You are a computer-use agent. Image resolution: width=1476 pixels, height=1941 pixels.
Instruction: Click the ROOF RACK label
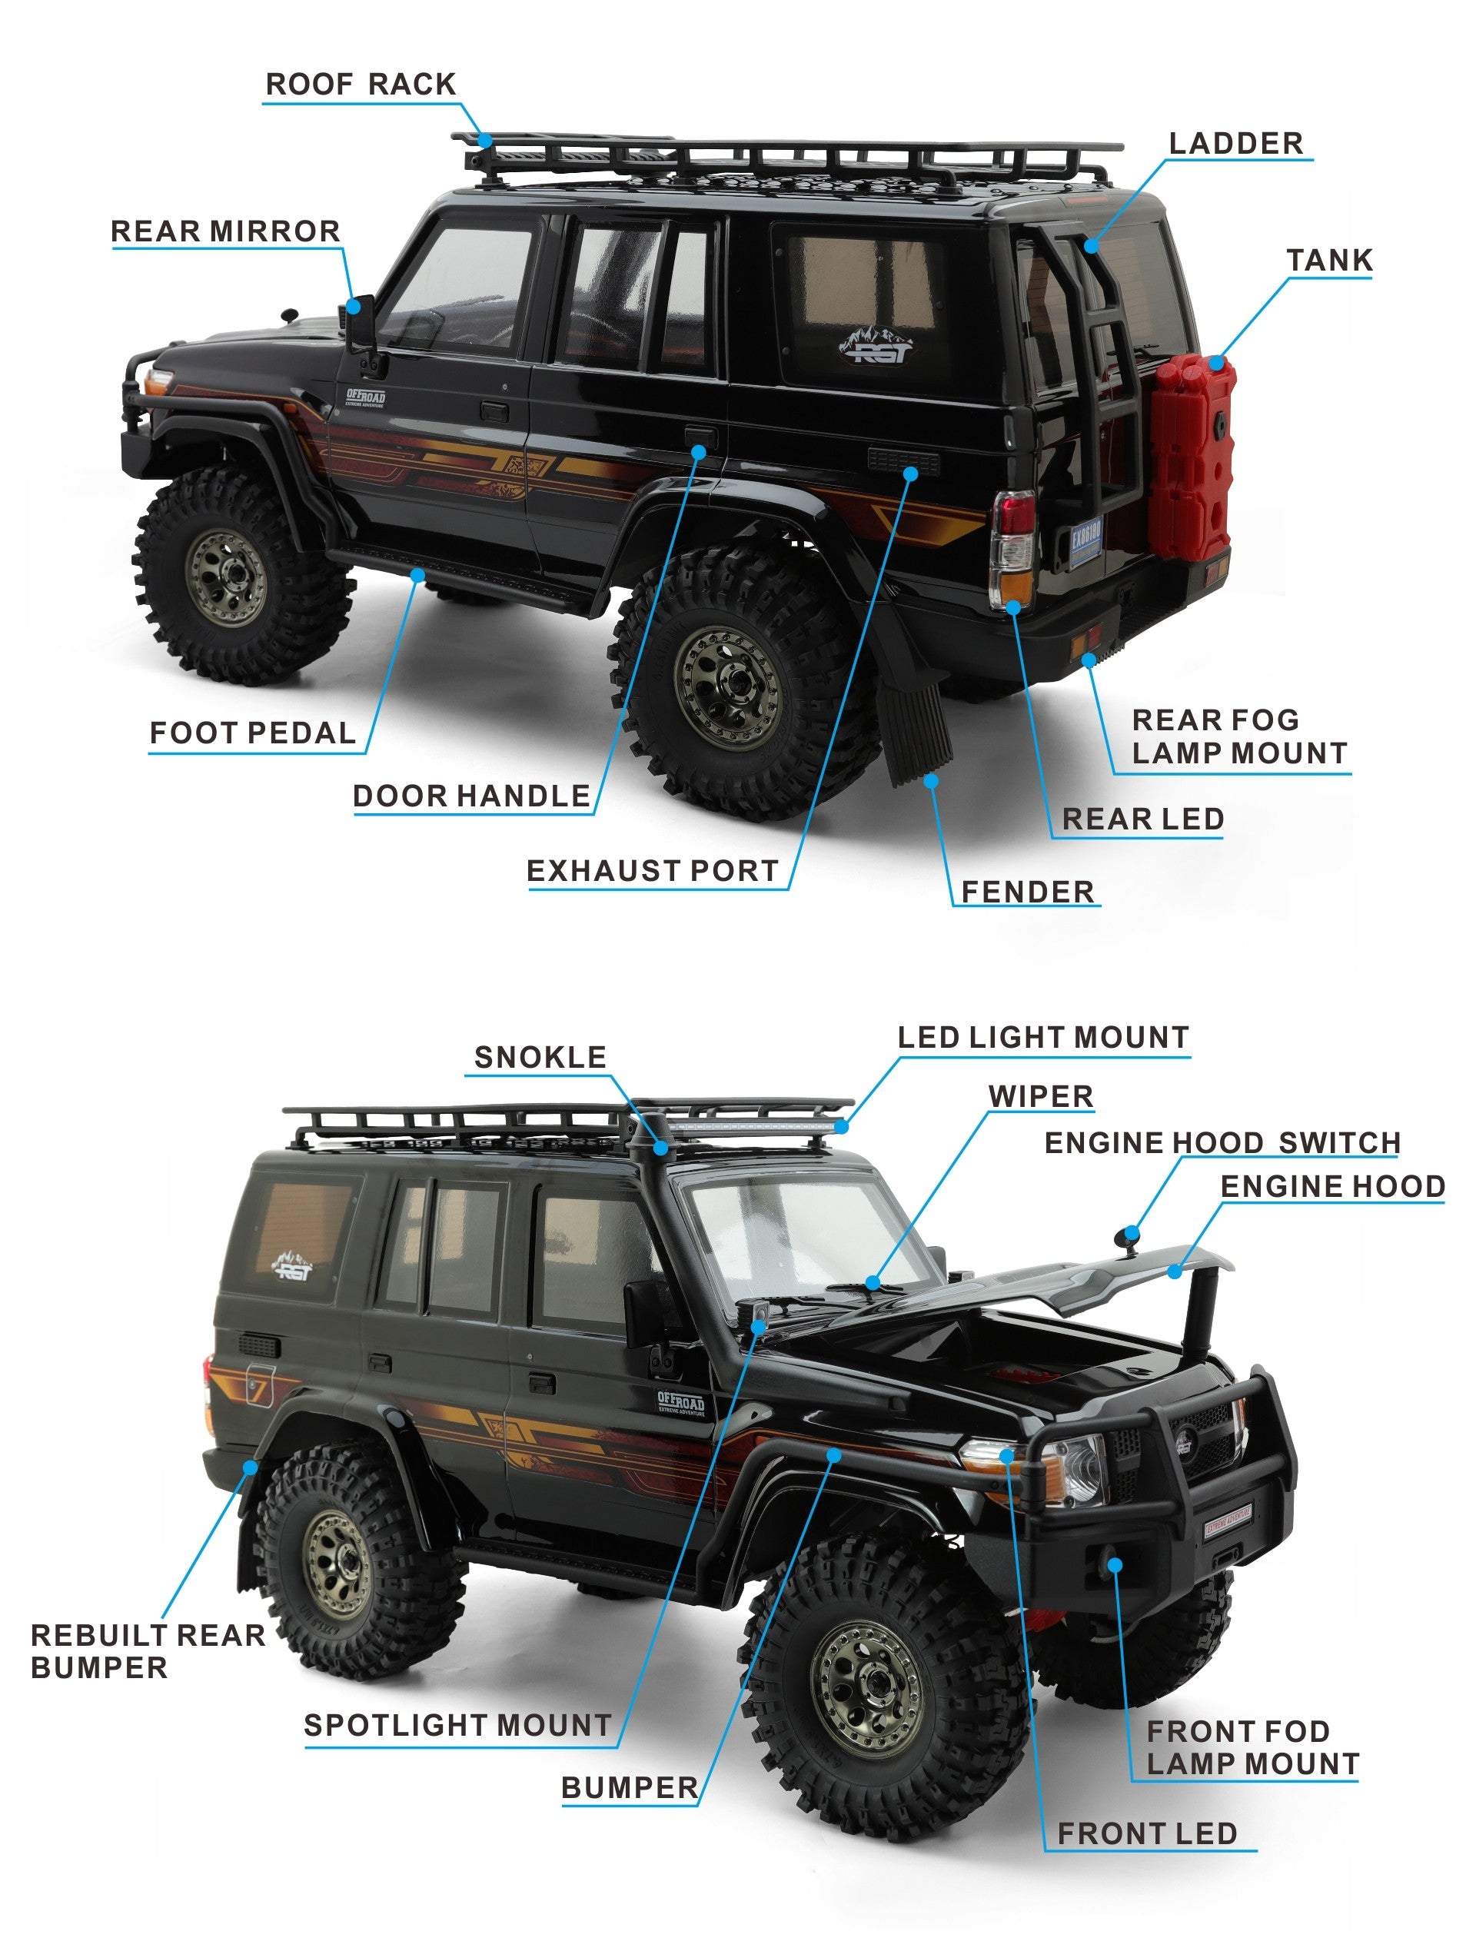(x=361, y=85)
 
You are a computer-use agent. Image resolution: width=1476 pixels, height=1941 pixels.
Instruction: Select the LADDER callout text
(x=1235, y=143)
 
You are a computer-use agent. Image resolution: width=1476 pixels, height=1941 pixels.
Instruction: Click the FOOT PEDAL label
(x=253, y=733)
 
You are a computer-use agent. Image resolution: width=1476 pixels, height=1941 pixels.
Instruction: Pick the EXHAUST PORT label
(x=653, y=870)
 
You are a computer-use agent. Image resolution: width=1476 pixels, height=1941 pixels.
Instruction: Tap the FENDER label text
(x=1028, y=892)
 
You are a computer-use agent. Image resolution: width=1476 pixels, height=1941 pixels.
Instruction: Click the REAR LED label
(x=1143, y=819)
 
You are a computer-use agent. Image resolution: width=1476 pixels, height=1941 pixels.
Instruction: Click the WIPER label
(x=1041, y=1096)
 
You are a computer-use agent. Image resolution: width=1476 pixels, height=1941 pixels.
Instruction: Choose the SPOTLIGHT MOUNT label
(x=457, y=1725)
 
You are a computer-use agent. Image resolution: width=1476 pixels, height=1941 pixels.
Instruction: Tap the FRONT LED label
(x=1148, y=1834)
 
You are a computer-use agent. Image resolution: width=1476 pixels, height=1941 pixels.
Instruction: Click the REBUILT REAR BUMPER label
(x=148, y=1651)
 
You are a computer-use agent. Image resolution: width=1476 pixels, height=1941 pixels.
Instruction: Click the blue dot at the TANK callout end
(x=1217, y=363)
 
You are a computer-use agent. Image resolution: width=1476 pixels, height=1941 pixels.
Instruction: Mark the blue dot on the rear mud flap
(x=931, y=780)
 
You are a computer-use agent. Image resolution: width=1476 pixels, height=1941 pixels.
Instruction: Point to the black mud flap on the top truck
(x=914, y=716)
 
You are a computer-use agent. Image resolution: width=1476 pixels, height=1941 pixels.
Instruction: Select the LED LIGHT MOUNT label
(x=1044, y=1037)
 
